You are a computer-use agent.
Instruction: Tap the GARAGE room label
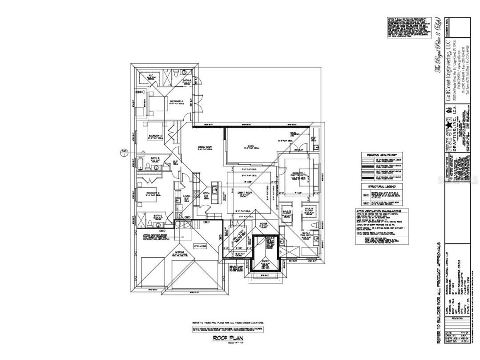point(180,251)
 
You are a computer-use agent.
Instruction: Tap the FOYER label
point(263,224)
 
